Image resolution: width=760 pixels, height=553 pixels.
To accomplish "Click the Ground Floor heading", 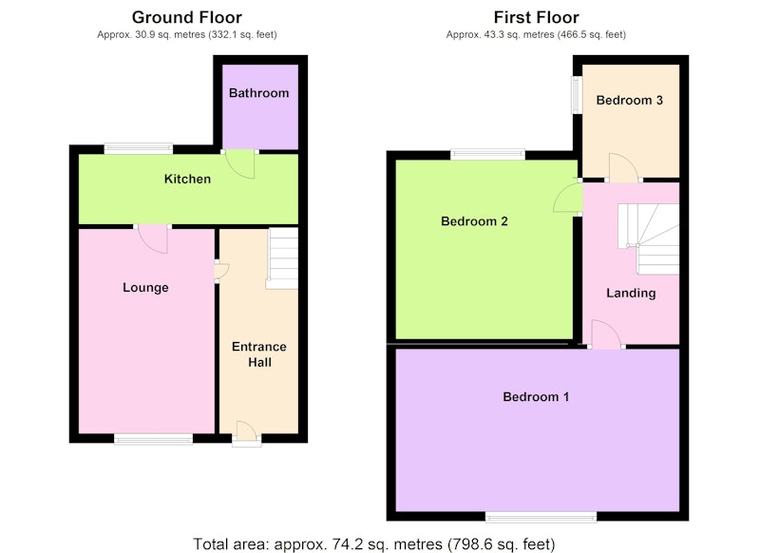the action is (x=186, y=17).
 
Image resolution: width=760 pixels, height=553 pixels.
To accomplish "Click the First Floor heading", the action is (x=536, y=17).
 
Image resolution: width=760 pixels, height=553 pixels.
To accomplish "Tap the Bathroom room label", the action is (x=258, y=92).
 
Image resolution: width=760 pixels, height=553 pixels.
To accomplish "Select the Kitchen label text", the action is (x=187, y=179).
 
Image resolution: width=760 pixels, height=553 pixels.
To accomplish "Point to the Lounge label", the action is (x=145, y=288).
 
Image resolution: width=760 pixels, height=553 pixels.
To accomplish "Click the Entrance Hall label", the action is (x=258, y=354).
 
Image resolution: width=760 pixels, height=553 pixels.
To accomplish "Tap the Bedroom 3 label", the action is (x=629, y=101).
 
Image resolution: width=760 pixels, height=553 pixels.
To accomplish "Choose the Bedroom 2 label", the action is (x=474, y=221).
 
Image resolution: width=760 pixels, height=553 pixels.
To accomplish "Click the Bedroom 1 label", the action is (x=536, y=397).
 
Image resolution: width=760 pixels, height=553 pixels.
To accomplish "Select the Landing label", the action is (x=631, y=294).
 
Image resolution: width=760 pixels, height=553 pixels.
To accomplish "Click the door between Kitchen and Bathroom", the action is (x=241, y=163).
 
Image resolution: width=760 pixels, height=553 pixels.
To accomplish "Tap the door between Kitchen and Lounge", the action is (x=153, y=238).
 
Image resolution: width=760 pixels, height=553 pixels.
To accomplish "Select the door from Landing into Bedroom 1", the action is (x=606, y=334).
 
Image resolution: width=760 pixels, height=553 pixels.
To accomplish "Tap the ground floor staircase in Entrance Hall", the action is (x=282, y=258).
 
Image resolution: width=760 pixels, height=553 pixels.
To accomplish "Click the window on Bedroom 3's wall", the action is (x=576, y=94).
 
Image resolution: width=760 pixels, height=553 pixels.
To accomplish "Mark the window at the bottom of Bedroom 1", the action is (x=541, y=517).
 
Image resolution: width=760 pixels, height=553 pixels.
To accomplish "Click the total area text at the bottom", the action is (x=373, y=544).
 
